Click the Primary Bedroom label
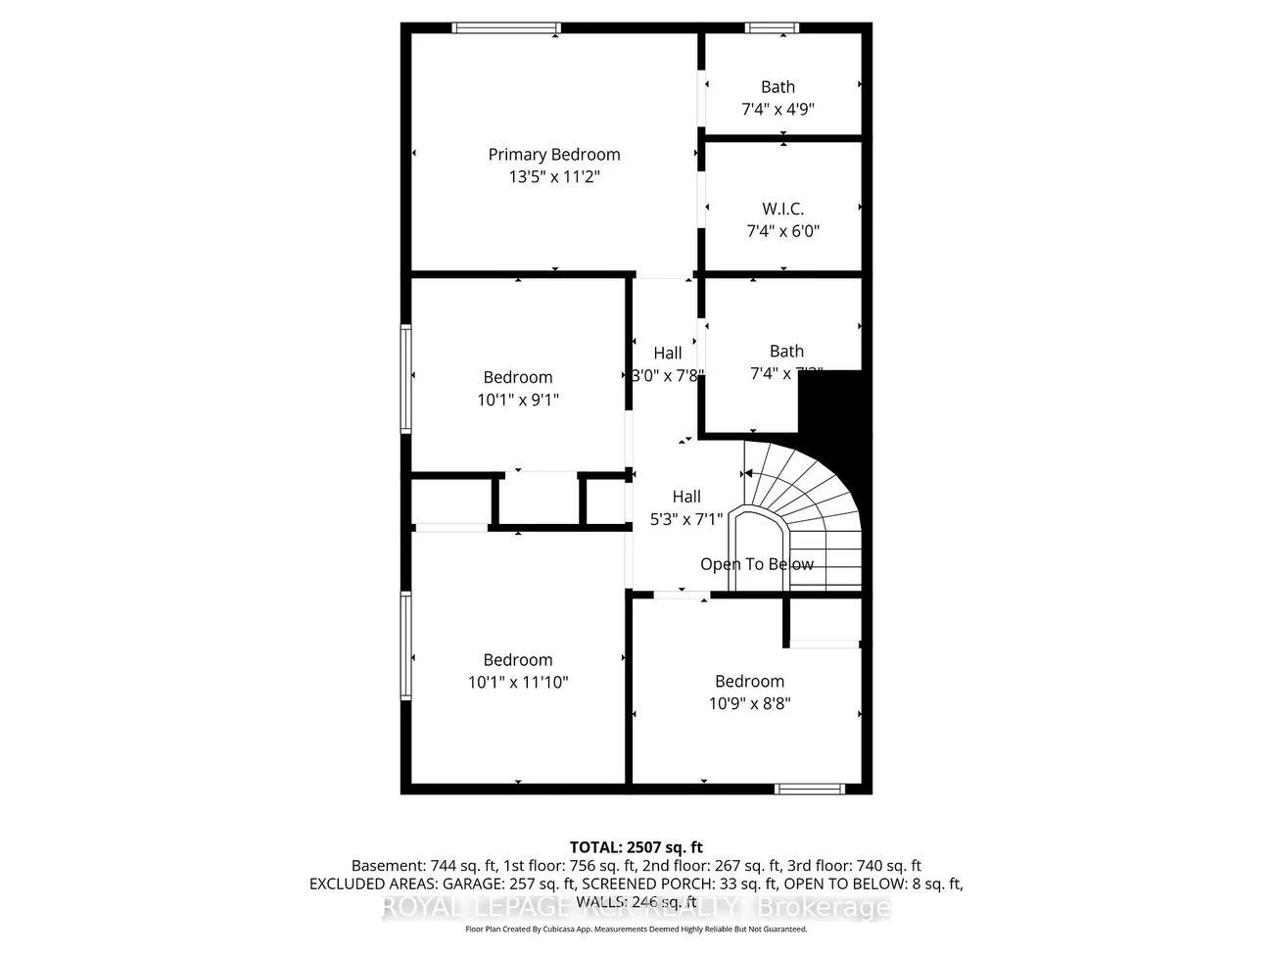554,155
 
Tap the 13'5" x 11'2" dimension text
554,177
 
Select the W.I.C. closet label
782,209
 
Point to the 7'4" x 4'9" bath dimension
778,110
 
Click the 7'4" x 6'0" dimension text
782,232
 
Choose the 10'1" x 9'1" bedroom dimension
518,400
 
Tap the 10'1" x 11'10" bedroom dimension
518,683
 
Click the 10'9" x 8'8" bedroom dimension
749,703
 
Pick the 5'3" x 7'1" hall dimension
686,520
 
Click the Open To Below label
757,564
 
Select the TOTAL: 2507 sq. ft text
636,847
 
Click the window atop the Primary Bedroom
506,27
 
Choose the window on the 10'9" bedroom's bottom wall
810,788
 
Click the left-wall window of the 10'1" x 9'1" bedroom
405,379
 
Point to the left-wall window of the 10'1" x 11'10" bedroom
405,645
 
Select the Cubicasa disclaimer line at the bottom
636,930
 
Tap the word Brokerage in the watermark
831,908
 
